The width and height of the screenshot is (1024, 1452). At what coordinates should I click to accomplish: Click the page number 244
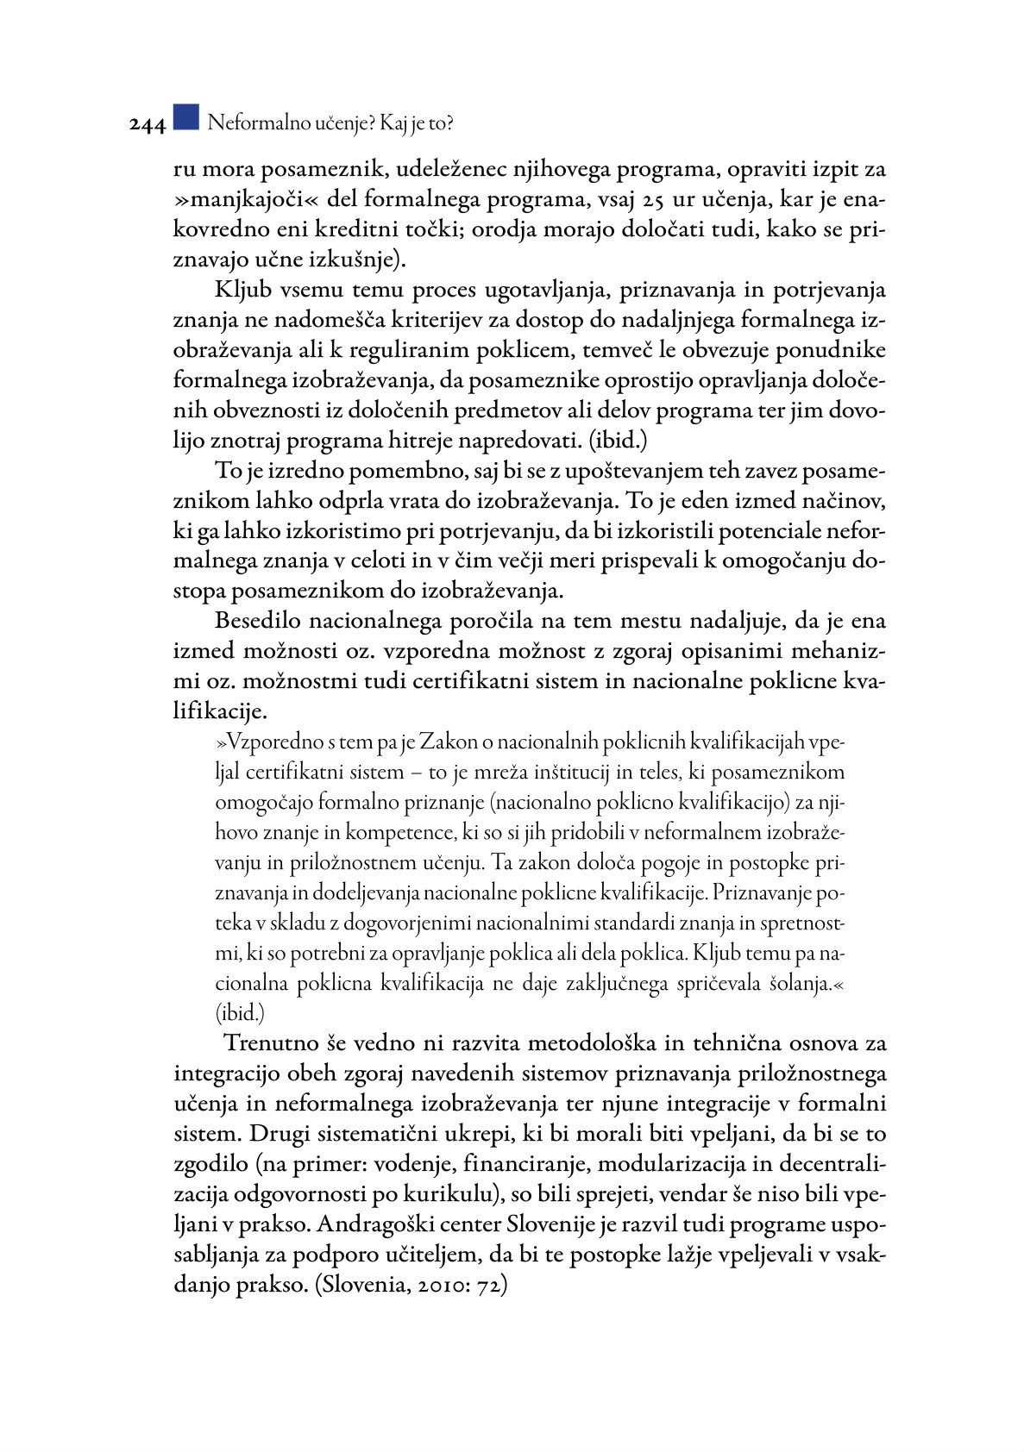click(x=148, y=125)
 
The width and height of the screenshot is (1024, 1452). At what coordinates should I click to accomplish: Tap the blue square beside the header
click(x=185, y=117)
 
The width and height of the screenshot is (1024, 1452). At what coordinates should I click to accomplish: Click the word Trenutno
click(x=272, y=1043)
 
